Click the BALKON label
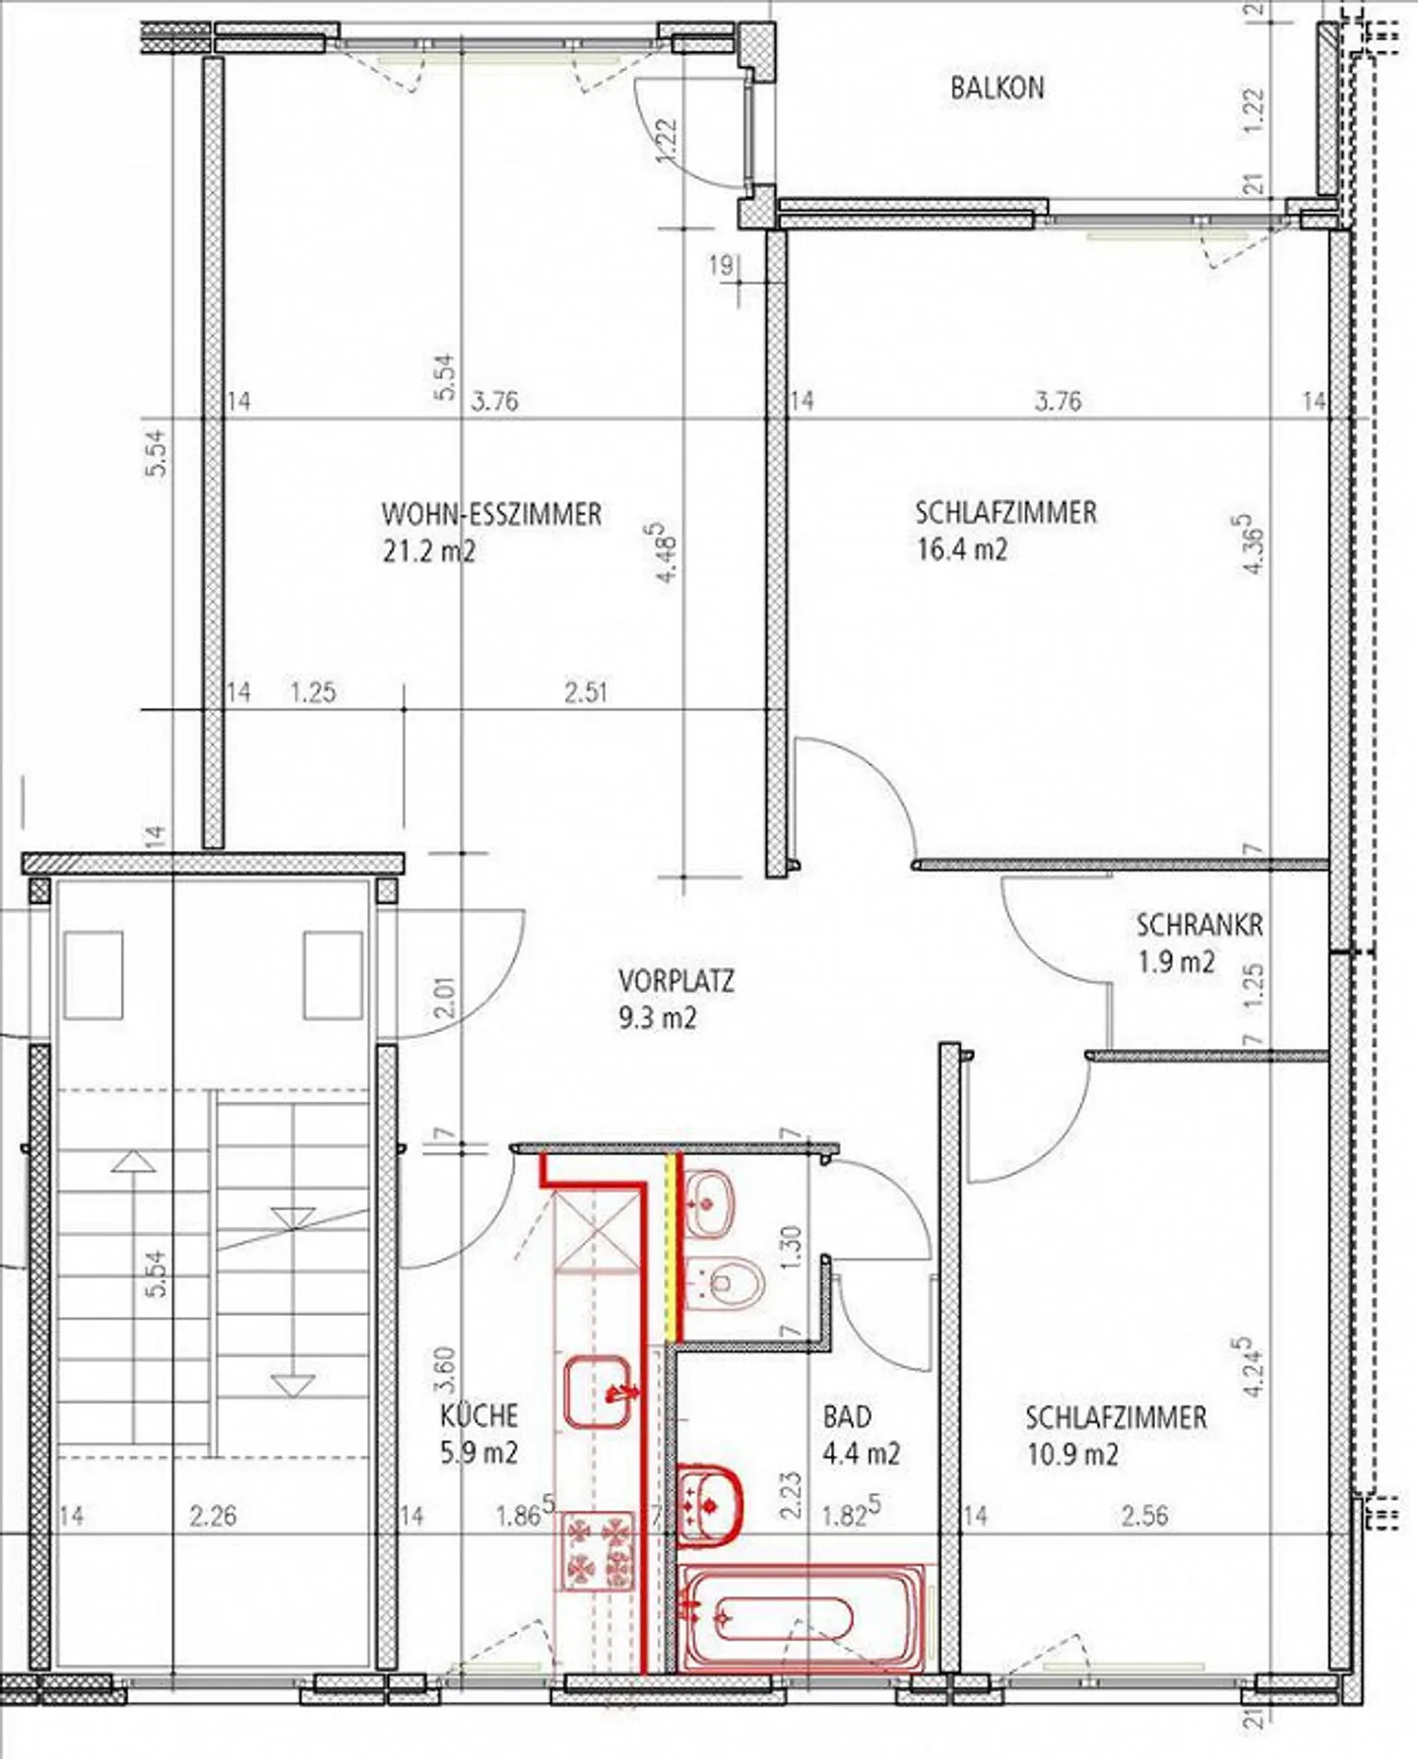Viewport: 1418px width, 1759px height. [x=997, y=88]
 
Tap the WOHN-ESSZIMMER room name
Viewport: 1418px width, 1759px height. [x=491, y=514]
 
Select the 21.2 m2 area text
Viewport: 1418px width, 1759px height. [x=428, y=551]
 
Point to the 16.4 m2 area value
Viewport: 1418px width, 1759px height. [x=961, y=549]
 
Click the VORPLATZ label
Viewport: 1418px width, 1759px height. [x=677, y=981]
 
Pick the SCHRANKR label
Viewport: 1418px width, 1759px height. [x=1199, y=925]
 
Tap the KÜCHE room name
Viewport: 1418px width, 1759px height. [x=479, y=1415]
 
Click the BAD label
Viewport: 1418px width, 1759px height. [x=847, y=1416]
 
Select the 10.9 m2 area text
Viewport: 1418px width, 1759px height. [x=1072, y=1454]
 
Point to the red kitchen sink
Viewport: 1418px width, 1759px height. [x=598, y=1391]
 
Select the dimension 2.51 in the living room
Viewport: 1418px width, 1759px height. [x=586, y=691]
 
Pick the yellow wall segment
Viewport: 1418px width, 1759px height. [x=674, y=1246]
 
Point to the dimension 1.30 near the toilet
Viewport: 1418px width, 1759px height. [x=794, y=1246]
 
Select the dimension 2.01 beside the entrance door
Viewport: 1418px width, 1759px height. [x=445, y=997]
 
